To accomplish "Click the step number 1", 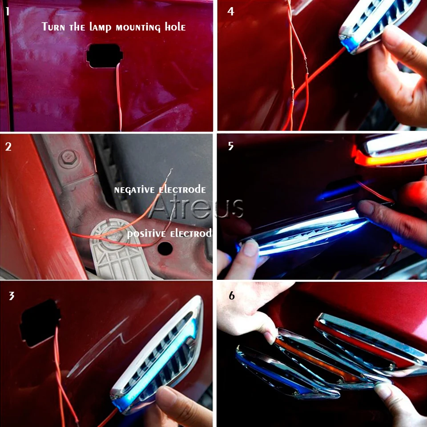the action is click(x=8, y=12).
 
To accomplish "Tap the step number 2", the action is click(x=8, y=146).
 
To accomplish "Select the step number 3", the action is click(x=12, y=296).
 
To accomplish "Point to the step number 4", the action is click(x=231, y=12).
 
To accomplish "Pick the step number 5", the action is click(x=231, y=146).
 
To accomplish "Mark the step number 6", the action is click(x=231, y=295).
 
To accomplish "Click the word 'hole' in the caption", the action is click(x=175, y=27).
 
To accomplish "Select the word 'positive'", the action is click(x=146, y=234).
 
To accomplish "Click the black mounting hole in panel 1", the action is click(x=104, y=56).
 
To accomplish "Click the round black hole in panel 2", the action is click(x=165, y=248).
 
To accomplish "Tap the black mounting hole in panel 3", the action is click(x=40, y=323).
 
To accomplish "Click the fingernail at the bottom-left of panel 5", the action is click(x=251, y=248).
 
